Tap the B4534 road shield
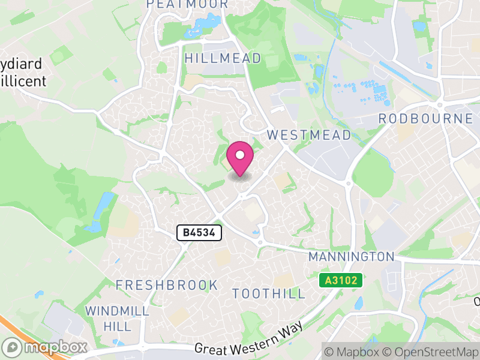(x=199, y=233)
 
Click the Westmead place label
(x=309, y=135)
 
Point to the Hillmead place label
(x=223, y=58)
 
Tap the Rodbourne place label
(x=425, y=119)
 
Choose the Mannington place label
(x=351, y=257)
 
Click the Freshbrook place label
(x=167, y=285)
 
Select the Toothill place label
(x=269, y=294)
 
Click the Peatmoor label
(x=187, y=4)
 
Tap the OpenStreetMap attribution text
(x=431, y=351)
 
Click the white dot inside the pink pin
(x=240, y=155)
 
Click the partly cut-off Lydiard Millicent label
(x=22, y=72)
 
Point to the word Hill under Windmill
(x=118, y=326)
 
